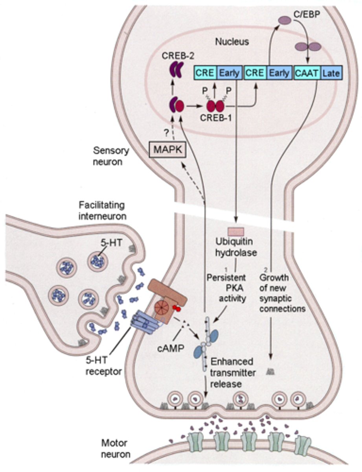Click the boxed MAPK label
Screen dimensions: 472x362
(x=166, y=149)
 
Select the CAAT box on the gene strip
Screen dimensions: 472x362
(x=307, y=73)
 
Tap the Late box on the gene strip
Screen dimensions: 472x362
(x=332, y=73)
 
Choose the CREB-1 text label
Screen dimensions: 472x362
(x=216, y=118)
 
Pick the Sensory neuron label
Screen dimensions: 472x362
(x=108, y=156)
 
